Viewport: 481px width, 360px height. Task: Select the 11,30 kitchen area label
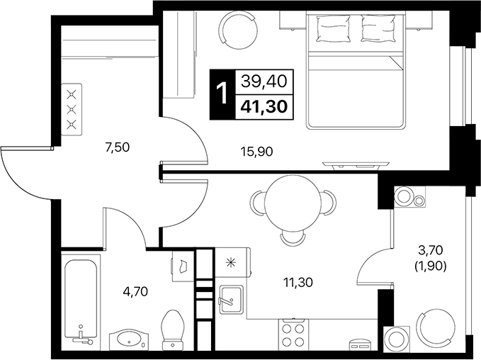coord(298,282)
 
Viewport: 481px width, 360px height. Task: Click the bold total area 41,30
coord(264,108)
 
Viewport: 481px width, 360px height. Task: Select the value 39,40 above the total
coord(264,82)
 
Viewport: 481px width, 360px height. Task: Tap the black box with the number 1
coord(222,95)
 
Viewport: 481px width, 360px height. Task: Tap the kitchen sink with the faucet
coord(232,302)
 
